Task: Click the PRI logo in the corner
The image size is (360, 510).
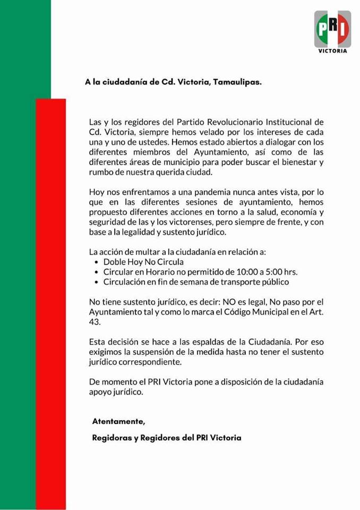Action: (x=332, y=29)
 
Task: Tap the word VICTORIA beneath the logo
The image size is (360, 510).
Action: (x=333, y=52)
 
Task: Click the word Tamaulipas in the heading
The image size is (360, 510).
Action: (x=236, y=82)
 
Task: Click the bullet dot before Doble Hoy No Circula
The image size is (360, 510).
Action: (x=96, y=262)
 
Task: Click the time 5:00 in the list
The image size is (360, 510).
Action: (x=266, y=272)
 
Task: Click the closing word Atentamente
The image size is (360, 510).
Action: (x=118, y=421)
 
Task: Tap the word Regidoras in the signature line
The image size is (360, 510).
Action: (x=111, y=438)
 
